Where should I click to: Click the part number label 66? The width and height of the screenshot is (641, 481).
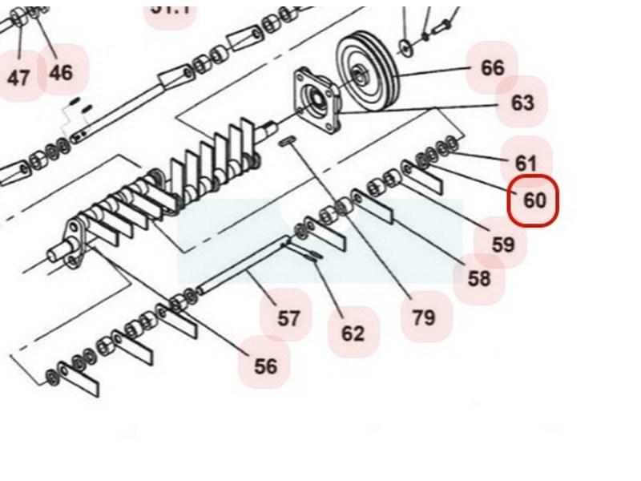click(492, 68)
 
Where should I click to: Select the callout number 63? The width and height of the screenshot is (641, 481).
click(522, 103)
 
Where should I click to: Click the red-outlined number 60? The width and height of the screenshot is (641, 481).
click(534, 200)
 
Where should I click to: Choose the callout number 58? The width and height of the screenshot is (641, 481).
click(479, 278)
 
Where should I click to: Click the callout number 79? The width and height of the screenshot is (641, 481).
click(424, 317)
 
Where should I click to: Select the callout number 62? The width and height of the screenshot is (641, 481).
click(353, 333)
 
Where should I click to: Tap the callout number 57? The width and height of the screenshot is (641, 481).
click(288, 318)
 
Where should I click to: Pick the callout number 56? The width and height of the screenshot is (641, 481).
click(265, 366)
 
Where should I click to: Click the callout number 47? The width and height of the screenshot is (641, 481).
click(18, 78)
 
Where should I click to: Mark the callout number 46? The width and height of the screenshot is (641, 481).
click(61, 73)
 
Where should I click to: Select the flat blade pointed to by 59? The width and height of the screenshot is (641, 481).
click(424, 183)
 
